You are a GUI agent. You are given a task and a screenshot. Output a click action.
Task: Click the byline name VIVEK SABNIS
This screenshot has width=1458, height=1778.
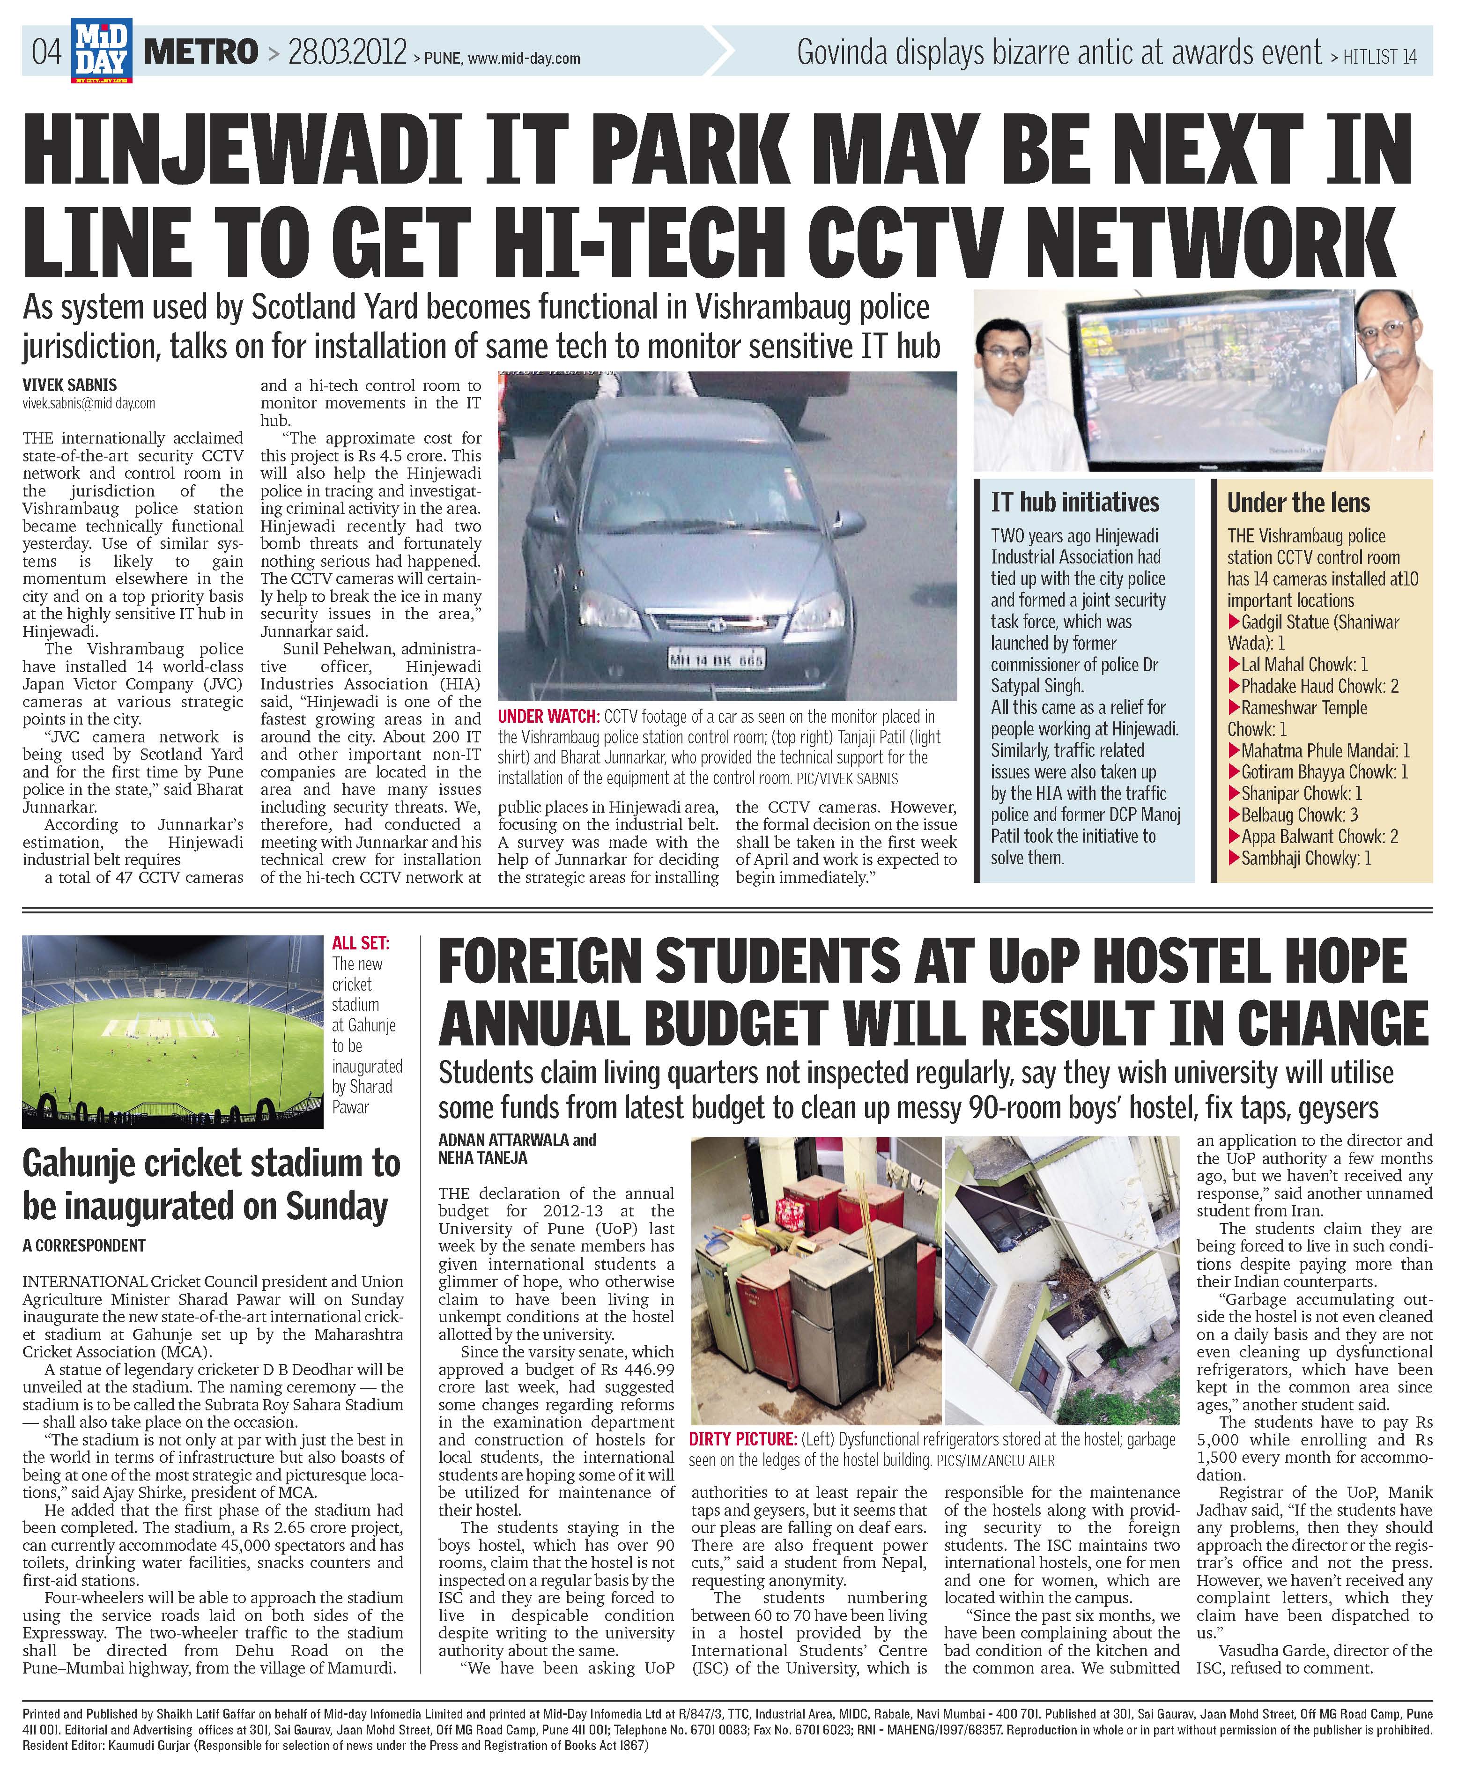70,385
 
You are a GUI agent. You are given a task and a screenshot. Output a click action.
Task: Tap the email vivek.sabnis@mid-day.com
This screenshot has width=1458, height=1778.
89,403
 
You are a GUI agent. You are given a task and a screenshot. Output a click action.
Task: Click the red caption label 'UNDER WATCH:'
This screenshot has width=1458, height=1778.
548,717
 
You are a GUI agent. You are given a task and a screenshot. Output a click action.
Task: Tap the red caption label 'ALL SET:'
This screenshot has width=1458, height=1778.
361,943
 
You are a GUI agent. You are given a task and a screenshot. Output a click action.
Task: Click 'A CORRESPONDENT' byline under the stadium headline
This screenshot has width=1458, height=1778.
84,1245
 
